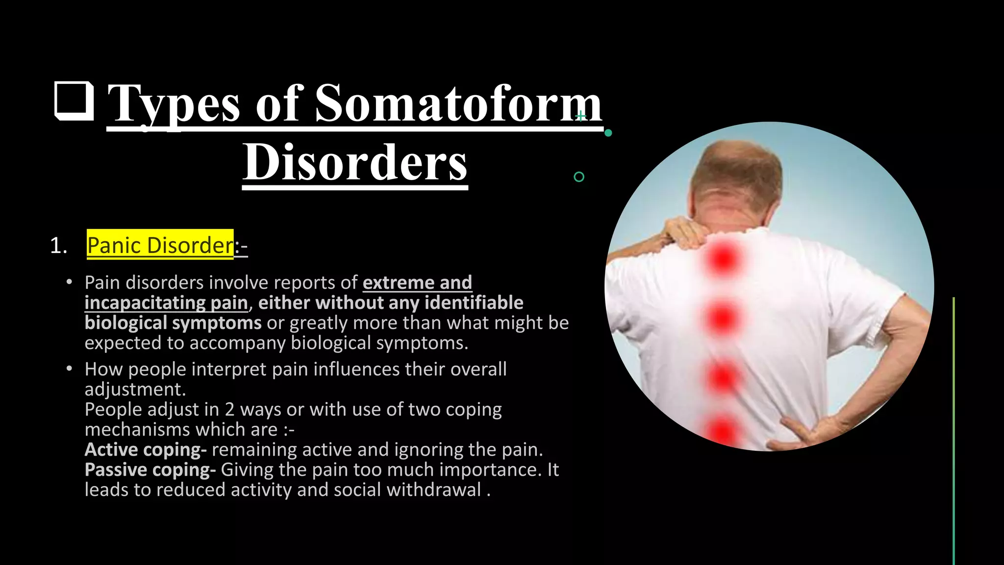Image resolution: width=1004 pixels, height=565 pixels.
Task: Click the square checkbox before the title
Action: [74, 101]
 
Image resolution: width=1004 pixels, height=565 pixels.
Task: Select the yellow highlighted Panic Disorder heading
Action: [160, 245]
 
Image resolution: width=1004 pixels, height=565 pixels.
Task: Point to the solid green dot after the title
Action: [608, 133]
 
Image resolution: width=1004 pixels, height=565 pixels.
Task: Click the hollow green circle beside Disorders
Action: [579, 177]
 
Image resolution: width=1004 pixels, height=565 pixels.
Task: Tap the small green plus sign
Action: [581, 116]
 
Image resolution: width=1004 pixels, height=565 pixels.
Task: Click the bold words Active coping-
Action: [146, 450]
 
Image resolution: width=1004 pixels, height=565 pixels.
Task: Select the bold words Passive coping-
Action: [150, 470]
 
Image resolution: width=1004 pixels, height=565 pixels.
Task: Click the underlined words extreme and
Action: [417, 282]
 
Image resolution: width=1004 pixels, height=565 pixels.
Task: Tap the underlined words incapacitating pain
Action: [166, 303]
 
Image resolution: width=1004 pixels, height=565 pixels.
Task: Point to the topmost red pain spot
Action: [723, 259]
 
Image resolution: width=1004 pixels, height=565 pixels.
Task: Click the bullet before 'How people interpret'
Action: [70, 369]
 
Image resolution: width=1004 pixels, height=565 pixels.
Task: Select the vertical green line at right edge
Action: [954, 432]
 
